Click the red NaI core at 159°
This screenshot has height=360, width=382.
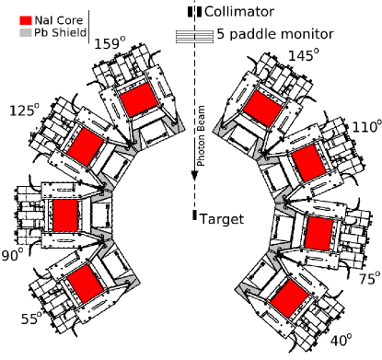pos(139,99)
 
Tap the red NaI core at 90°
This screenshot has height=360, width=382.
pos(65,215)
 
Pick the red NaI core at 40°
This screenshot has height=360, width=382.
pos(289,298)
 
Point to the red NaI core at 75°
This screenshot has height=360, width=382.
pos(319,234)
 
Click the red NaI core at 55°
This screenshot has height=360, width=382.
pos(85,284)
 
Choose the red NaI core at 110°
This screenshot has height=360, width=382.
pos(308,163)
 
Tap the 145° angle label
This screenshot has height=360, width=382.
pos(304,55)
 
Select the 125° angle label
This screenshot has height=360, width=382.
pos(25,110)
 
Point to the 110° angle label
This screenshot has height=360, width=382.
pos(365,127)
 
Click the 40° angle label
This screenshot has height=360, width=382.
pos(341,341)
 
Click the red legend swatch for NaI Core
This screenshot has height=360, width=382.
pos(26,20)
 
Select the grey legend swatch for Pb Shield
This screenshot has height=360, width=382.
pos(26,32)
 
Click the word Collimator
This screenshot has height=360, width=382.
pos(239,12)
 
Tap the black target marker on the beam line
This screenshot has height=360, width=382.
pos(194,215)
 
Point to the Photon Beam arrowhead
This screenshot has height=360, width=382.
pos(194,176)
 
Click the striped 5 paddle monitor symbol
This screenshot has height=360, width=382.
pos(194,37)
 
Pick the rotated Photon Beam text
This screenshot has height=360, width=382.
pos(201,135)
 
